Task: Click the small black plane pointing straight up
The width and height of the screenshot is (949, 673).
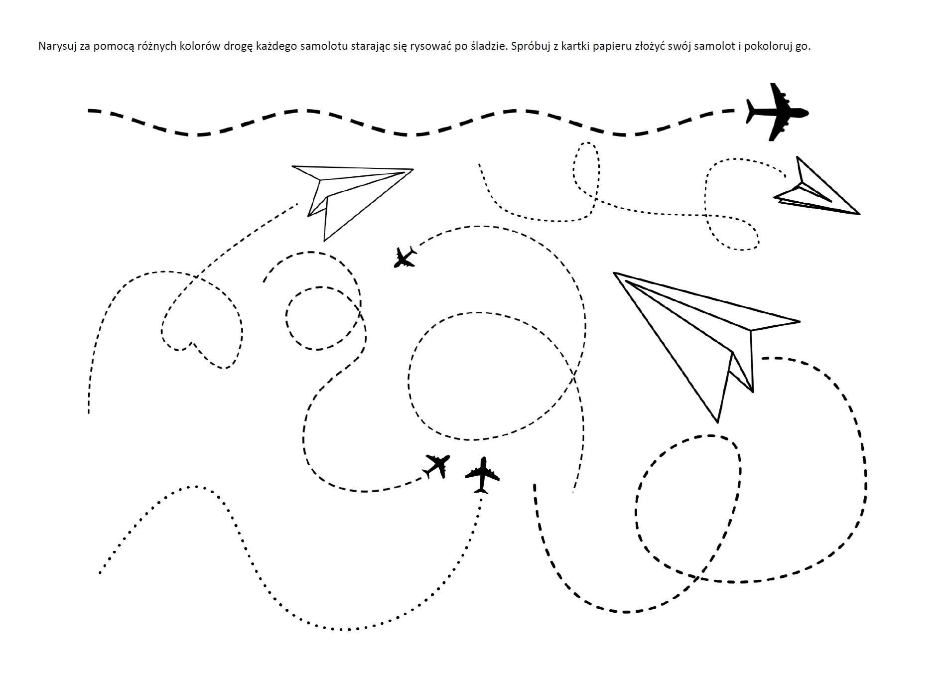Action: (482, 475)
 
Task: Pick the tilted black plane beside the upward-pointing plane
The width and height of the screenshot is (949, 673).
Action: (437, 466)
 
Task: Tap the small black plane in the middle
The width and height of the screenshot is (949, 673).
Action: (405, 257)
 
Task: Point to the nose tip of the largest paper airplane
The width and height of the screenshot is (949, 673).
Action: (614, 273)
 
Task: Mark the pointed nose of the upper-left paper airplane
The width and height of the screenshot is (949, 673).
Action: (413, 170)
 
